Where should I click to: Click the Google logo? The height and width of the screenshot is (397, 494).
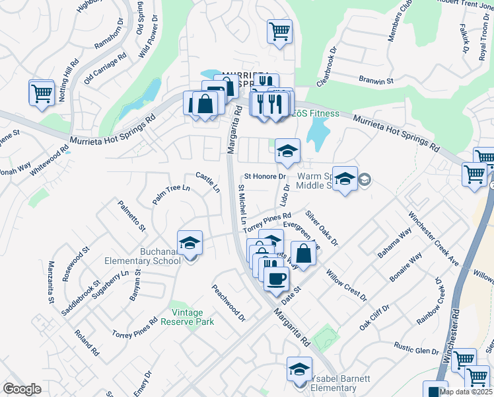[x=22, y=389]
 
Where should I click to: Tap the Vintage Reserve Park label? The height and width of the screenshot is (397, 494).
[x=193, y=317]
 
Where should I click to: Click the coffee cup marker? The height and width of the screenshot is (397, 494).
[x=276, y=278]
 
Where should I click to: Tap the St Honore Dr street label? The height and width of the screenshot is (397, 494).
[x=265, y=177]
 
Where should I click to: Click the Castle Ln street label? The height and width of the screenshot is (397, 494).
[x=208, y=183]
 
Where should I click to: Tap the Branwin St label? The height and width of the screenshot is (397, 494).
[x=376, y=80]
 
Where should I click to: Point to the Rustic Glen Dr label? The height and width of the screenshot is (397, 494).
[x=417, y=349]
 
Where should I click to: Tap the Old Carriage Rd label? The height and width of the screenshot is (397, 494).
[x=105, y=69]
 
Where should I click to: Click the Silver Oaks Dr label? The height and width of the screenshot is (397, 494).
[x=322, y=229]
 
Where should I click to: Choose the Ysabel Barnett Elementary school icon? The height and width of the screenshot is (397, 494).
[x=299, y=368]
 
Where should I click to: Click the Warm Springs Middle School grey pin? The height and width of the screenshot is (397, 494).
[x=366, y=179]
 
